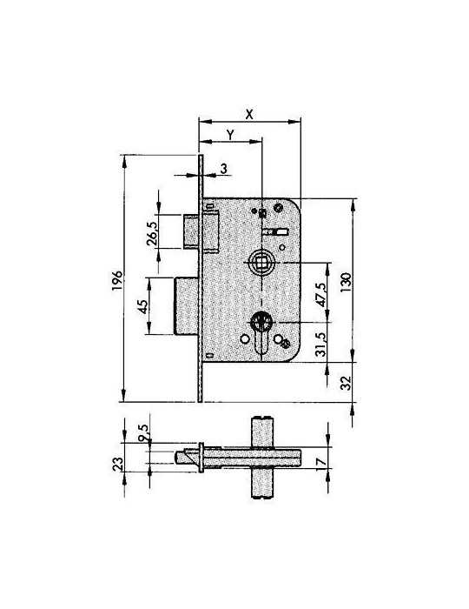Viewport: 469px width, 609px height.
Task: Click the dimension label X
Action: [x=249, y=114]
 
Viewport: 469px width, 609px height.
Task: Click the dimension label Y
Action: [x=231, y=135]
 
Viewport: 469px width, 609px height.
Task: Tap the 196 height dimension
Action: [x=117, y=280]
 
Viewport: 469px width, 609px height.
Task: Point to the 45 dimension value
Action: [x=143, y=307]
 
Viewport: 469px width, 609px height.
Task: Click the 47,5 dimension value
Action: [x=321, y=295]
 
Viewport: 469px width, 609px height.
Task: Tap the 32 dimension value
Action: [x=346, y=384]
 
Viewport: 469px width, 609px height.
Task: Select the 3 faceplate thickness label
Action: [x=224, y=169]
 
